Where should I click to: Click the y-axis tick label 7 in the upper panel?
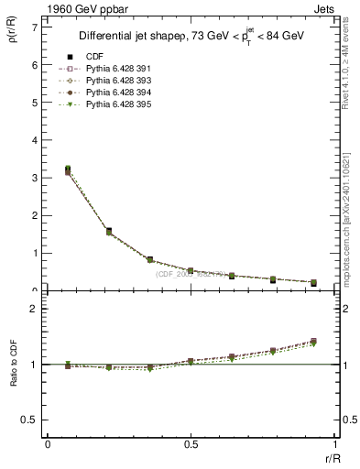pos(34,27)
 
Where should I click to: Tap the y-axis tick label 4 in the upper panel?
pos(34,140)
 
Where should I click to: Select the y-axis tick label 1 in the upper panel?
pos(34,253)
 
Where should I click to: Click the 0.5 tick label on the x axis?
pos(191,444)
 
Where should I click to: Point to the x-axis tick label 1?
pos(334,444)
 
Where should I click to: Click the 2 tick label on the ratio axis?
pos(34,309)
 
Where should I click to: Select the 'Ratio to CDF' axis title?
pos(14,365)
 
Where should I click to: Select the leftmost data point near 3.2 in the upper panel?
pos(68,169)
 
